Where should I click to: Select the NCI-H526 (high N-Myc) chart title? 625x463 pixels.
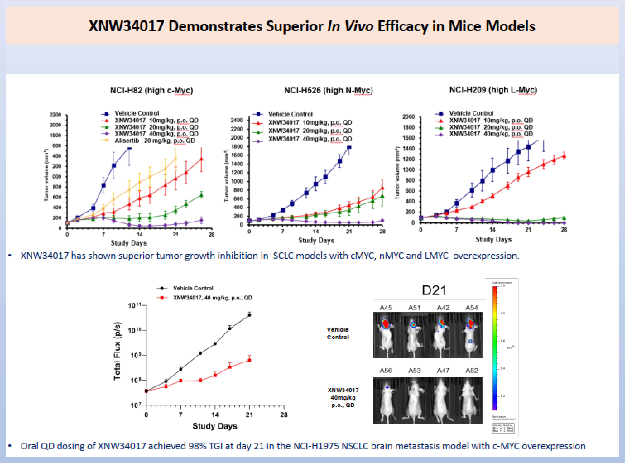tap(328, 91)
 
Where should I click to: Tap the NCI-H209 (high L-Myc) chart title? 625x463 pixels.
tap(493, 90)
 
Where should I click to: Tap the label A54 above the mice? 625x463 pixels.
tap(471, 308)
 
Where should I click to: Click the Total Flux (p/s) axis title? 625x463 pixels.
tap(117, 351)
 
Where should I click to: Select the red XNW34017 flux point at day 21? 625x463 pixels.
tap(249, 360)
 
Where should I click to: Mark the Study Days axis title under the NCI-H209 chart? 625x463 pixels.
tap(493, 239)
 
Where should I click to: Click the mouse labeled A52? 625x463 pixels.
tap(471, 400)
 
